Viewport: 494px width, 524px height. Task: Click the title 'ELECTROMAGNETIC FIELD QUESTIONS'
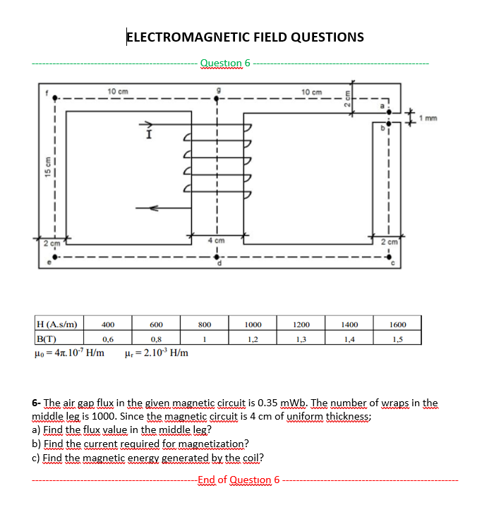click(x=245, y=37)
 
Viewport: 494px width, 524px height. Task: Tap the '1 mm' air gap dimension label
click(x=428, y=118)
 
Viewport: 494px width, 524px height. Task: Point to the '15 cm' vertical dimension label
click(x=47, y=169)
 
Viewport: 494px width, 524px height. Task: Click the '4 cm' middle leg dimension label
click(x=215, y=242)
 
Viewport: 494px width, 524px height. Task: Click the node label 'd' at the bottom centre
click(x=219, y=265)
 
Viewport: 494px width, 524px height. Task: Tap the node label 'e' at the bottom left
click(x=49, y=265)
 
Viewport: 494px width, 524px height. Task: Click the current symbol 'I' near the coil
click(x=147, y=134)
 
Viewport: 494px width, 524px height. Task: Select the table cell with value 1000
click(x=253, y=325)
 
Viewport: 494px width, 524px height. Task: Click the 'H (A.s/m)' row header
click(x=58, y=325)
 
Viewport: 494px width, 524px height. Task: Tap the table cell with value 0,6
click(x=108, y=339)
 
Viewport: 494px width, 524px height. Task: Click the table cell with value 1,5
click(x=397, y=339)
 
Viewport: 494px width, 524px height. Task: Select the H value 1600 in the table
click(x=397, y=325)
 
